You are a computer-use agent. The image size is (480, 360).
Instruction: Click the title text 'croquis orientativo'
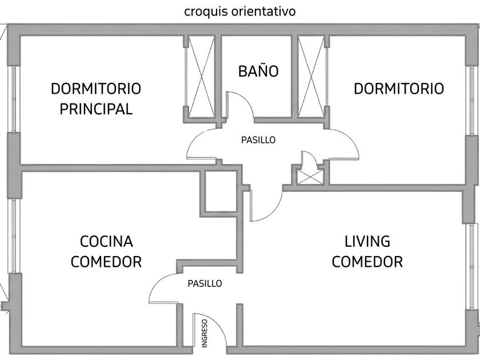(239, 11)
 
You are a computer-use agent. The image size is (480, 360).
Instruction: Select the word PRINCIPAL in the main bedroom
(96, 109)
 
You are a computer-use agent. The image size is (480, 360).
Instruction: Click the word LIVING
(367, 241)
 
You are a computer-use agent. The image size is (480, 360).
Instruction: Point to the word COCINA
(106, 242)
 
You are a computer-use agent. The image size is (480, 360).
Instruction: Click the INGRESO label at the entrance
(205, 333)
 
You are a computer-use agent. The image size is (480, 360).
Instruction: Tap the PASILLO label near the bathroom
(258, 140)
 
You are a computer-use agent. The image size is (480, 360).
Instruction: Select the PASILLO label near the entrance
(205, 283)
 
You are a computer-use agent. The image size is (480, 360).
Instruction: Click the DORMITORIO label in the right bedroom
(399, 89)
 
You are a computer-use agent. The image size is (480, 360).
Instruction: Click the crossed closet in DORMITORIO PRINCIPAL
(201, 77)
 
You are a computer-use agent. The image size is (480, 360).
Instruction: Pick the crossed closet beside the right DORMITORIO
(311, 77)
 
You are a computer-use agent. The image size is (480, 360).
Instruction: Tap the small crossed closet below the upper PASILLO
(310, 177)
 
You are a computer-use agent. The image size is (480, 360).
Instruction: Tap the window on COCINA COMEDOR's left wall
(14, 235)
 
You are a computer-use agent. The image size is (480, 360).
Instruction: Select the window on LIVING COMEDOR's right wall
(473, 266)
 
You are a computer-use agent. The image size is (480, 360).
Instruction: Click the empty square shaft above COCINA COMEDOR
(221, 191)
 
